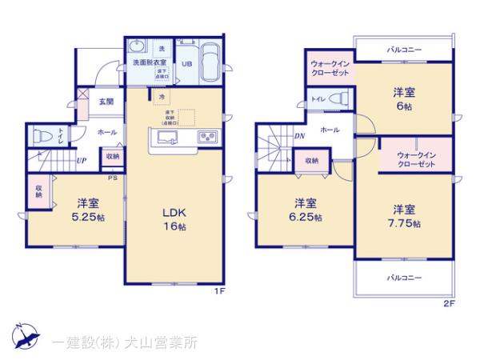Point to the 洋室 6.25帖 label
(308, 210)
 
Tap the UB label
(186, 63)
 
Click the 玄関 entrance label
(106, 102)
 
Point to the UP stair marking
(82, 160)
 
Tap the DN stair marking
(298, 136)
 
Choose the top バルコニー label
(404, 50)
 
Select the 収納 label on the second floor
(310, 161)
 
